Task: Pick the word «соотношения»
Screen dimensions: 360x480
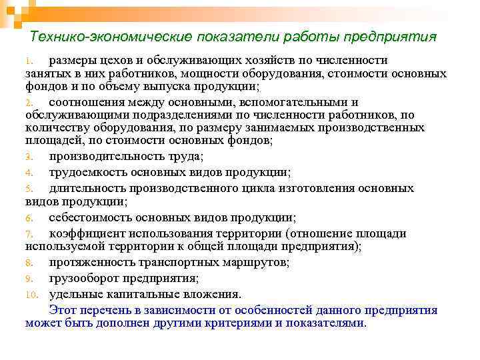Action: tap(85, 102)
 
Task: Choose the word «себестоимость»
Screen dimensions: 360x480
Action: tap(91, 217)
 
